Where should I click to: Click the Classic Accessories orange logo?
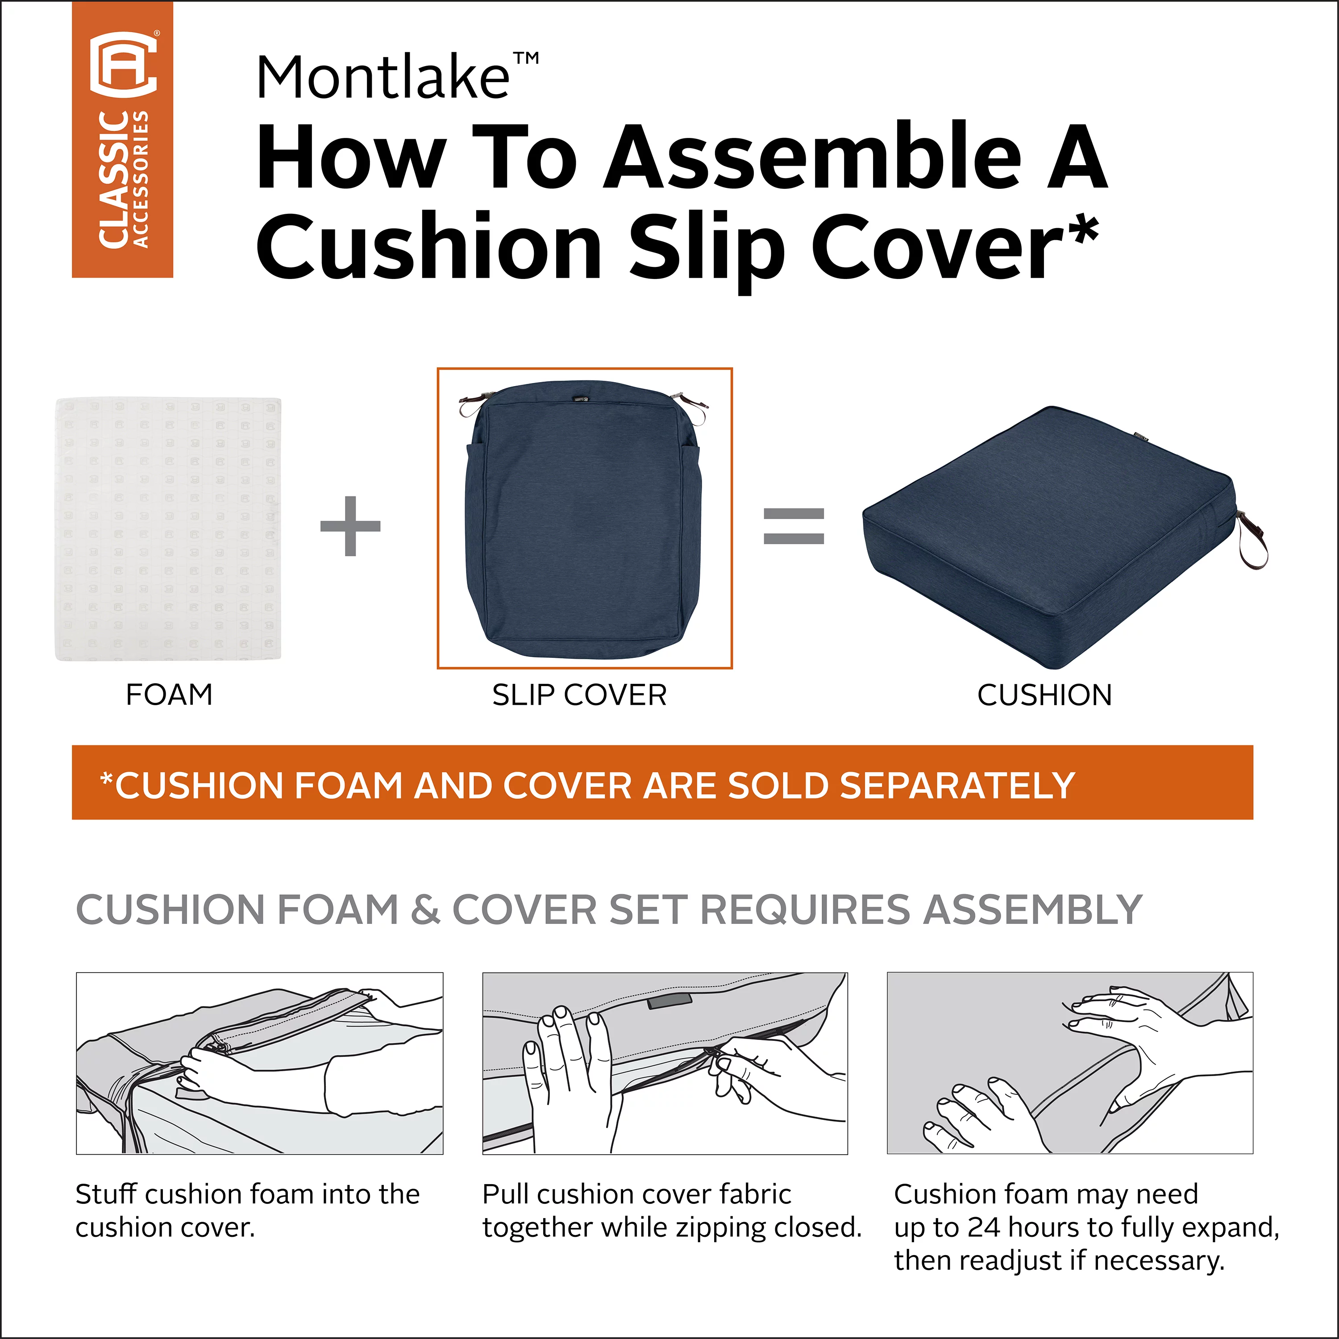[123, 139]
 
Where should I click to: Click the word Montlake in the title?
[383, 78]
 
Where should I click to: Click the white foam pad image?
[168, 529]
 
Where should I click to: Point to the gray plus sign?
[350, 526]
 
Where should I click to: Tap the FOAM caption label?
[169, 694]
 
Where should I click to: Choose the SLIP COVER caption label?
[579, 695]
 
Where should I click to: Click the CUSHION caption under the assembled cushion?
[1044, 695]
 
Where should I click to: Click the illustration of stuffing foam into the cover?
[259, 1063]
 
